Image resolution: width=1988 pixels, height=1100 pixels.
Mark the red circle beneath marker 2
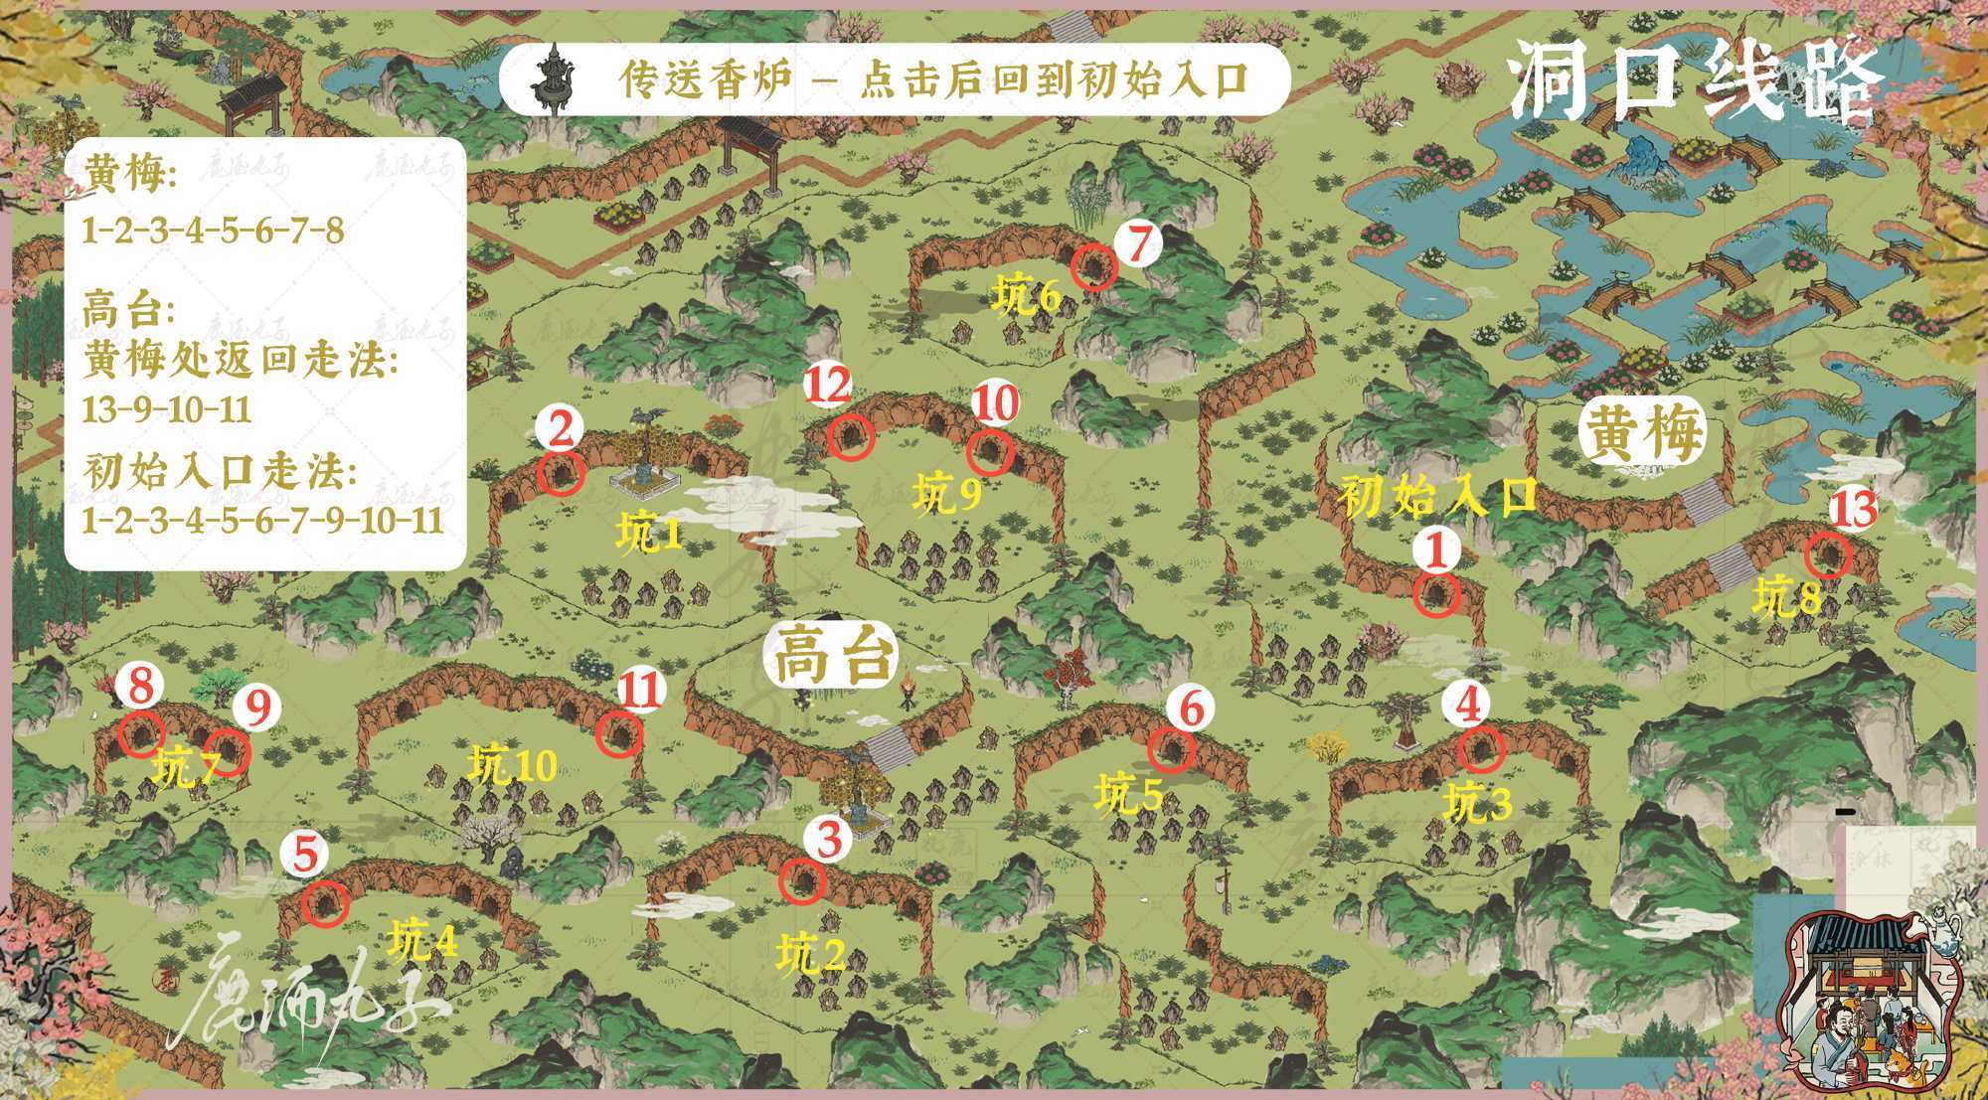coord(560,474)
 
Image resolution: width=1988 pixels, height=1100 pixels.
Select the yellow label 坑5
coord(1128,795)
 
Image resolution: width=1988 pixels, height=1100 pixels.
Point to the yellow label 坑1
coord(648,536)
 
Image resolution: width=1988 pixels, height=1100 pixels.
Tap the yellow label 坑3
coord(1477,803)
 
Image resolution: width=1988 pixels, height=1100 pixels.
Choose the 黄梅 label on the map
coord(1642,435)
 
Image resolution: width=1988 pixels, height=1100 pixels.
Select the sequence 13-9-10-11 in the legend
coord(166,409)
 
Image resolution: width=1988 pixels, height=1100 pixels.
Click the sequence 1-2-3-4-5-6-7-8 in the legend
coord(213,232)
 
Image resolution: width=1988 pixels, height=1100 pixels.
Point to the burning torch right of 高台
coord(910,689)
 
